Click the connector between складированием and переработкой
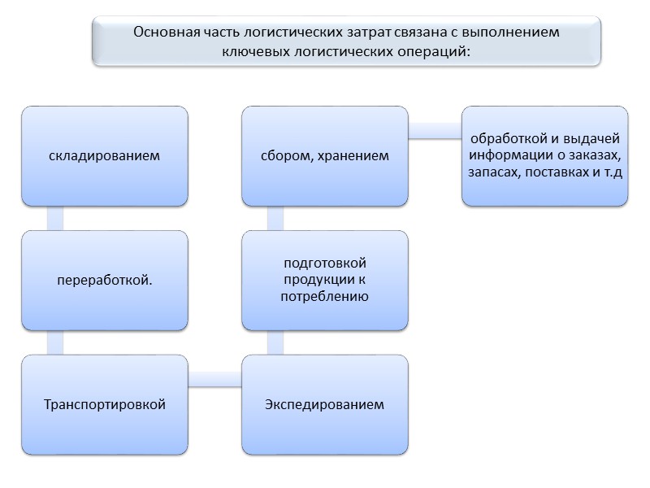point(55,218)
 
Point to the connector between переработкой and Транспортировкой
point(55,342)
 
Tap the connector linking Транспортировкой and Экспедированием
point(214,379)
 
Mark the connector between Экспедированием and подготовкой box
point(275,342)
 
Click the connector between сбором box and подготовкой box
point(275,218)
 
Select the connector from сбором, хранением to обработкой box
point(435,131)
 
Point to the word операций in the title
point(432,50)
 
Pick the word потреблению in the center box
point(325,297)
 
